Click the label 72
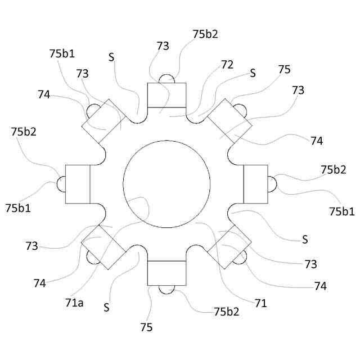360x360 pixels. [x=227, y=65]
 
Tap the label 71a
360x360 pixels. [x=74, y=303]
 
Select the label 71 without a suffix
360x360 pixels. [x=260, y=304]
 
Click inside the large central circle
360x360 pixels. [x=166, y=184]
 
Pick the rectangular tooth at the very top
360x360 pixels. [x=166, y=94]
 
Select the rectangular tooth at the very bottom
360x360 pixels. [x=166, y=273]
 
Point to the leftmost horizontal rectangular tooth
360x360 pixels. [x=78, y=184]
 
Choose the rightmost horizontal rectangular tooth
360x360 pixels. [x=255, y=184]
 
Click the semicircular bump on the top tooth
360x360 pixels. [x=166, y=79]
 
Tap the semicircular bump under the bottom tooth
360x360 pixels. [x=166, y=289]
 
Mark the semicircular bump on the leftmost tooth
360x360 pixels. [x=61, y=184]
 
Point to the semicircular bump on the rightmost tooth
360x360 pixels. [x=271, y=184]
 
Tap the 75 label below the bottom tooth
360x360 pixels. [x=147, y=327]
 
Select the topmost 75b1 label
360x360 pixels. [x=62, y=54]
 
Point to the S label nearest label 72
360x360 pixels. [x=253, y=73]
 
